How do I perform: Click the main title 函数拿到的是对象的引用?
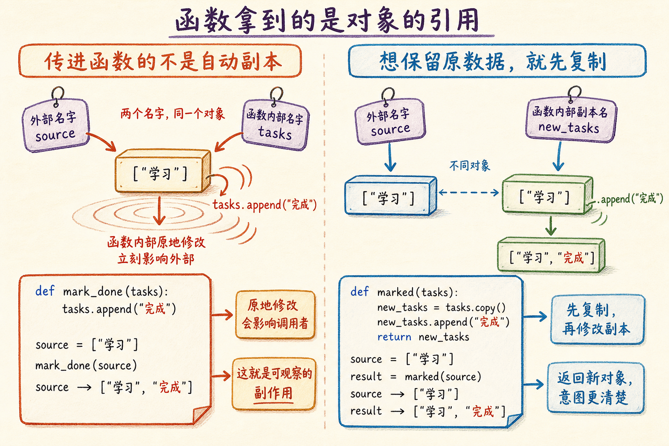click(328, 20)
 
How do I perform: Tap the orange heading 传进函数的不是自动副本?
click(163, 62)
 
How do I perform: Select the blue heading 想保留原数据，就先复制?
click(493, 61)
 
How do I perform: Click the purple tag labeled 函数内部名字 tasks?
click(275, 125)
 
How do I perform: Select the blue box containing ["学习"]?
click(391, 196)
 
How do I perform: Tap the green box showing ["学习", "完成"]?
click(551, 255)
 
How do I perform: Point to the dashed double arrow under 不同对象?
click(469, 193)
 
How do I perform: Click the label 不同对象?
click(470, 166)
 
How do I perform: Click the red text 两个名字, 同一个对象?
click(172, 114)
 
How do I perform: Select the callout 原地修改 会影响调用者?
click(275, 314)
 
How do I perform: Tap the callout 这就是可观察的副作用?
click(274, 384)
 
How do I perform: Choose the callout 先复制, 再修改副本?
click(597, 319)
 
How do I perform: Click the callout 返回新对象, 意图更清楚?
click(595, 388)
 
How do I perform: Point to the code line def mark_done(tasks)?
click(101, 291)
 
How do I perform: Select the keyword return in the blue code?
click(394, 337)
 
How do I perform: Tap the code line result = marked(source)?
click(416, 377)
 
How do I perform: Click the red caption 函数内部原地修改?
click(156, 242)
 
